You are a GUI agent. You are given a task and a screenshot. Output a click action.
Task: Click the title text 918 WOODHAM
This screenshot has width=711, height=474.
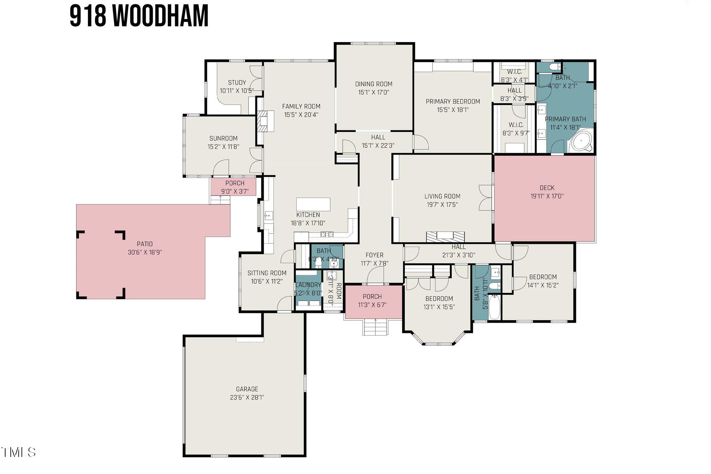pos(139,16)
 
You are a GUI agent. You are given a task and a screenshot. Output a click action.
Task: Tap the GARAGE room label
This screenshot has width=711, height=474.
pos(247,389)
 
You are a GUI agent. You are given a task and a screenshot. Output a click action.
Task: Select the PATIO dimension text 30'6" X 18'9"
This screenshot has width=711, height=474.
pos(145,252)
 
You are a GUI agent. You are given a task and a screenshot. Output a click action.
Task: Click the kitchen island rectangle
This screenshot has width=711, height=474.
pos(313,204)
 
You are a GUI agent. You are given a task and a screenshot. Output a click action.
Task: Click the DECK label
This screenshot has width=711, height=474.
pos(547,188)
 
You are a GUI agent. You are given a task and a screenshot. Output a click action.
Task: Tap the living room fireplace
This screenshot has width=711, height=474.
pos(446,236)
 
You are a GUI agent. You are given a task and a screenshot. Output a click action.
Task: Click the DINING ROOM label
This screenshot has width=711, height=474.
pos(374,84)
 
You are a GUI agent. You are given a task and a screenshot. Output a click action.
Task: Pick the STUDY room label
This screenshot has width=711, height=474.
pos(237,83)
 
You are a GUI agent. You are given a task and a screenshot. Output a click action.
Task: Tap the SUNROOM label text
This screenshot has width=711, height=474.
pos(223,138)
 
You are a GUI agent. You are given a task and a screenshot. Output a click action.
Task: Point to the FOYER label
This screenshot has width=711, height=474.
pos(374,255)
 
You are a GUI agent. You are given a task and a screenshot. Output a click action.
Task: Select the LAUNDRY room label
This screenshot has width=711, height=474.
pos(308,285)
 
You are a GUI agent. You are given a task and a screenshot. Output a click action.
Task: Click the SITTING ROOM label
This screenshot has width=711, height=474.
pos(267,273)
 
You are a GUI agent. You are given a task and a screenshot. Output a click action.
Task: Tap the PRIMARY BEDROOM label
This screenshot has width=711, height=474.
pos(453,101)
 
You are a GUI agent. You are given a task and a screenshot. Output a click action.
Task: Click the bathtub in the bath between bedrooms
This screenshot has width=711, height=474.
pos(494,307)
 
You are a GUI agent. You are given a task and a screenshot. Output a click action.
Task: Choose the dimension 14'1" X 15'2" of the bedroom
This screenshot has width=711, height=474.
pos(542,285)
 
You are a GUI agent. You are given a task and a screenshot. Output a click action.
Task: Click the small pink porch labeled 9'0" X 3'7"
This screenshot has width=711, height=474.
pos(233,187)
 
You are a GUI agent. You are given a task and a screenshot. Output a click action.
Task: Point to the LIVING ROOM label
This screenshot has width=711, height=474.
pos(442,196)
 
